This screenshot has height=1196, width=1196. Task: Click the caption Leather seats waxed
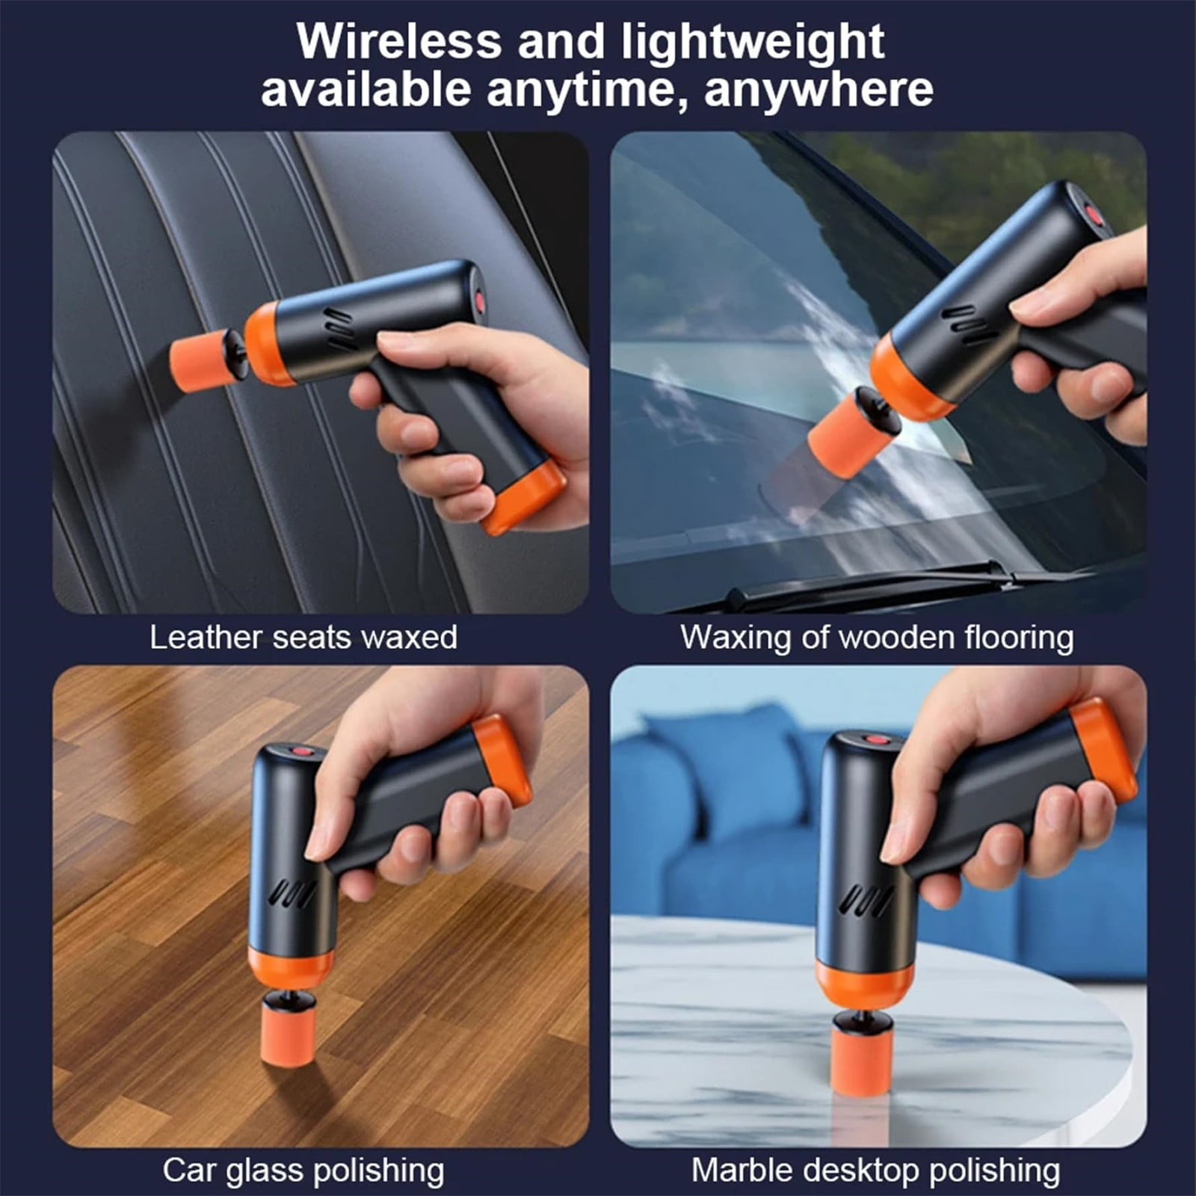(x=303, y=638)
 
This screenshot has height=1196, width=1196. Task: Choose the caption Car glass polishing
(x=303, y=1170)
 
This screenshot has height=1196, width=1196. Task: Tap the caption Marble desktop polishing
(x=875, y=1170)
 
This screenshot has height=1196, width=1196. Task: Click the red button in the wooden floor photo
(x=302, y=750)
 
